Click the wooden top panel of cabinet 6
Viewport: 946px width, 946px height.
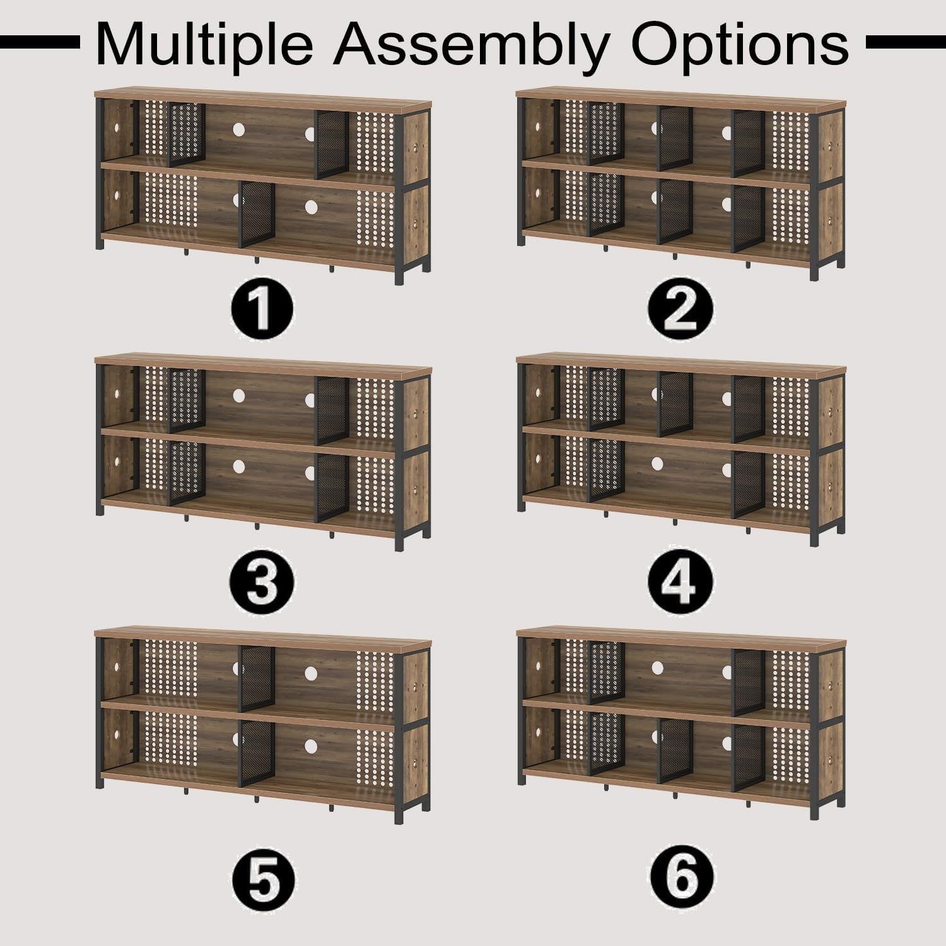(x=681, y=634)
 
